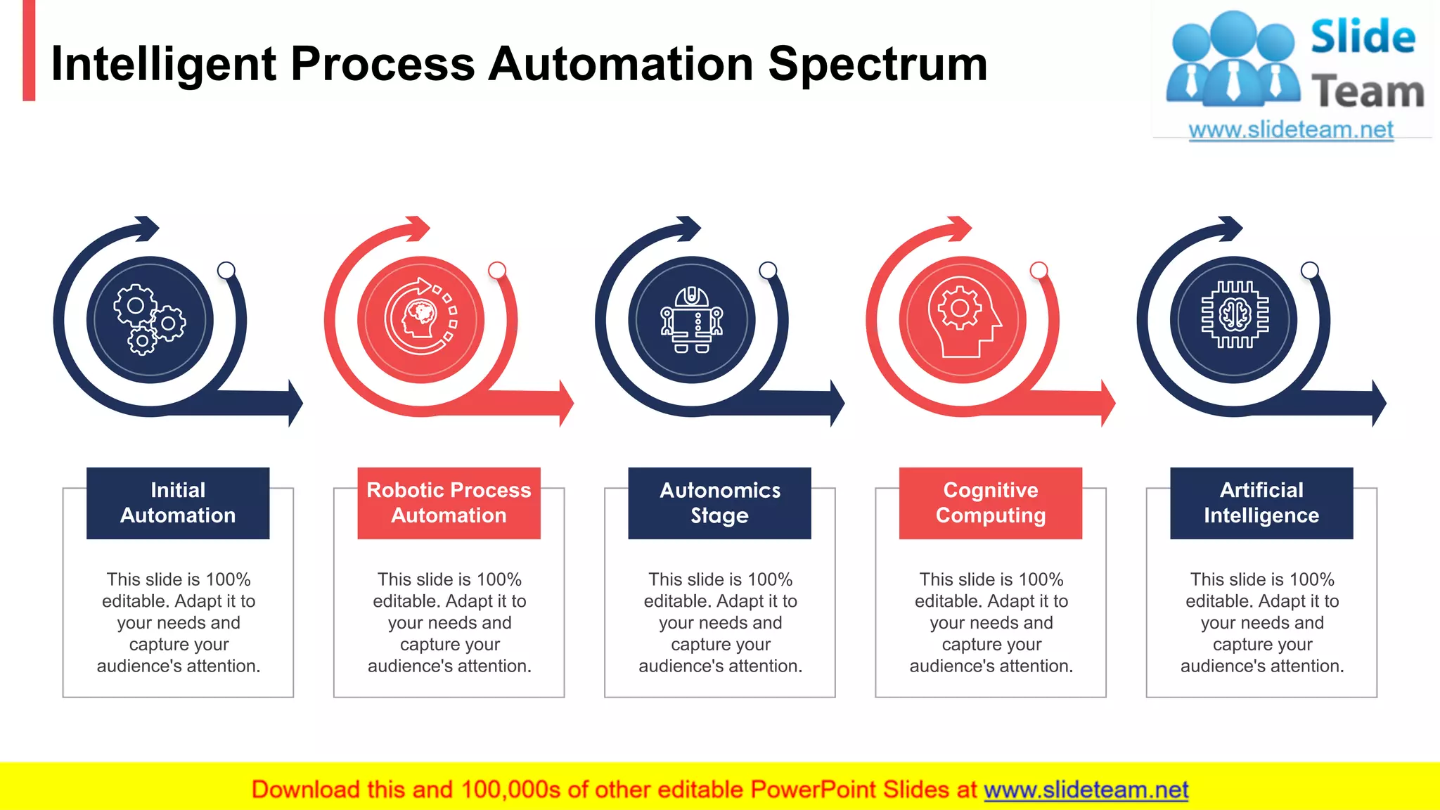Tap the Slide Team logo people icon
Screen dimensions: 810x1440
(x=1232, y=60)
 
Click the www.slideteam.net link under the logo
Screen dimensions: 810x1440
(x=1291, y=130)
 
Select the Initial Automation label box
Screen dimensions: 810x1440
(x=178, y=503)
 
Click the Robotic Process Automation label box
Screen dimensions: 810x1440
(x=449, y=503)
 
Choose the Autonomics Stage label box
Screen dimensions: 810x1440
(x=719, y=503)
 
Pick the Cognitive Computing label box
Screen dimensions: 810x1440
(x=990, y=503)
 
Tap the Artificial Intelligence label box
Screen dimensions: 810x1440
(x=1261, y=503)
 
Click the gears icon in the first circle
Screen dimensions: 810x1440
(x=149, y=320)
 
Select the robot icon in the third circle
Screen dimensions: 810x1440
(x=692, y=320)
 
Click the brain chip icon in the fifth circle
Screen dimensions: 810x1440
(x=1234, y=315)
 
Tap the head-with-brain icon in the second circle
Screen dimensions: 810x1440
(x=420, y=318)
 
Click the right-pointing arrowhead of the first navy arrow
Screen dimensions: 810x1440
(x=295, y=404)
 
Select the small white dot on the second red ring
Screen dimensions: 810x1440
(x=497, y=271)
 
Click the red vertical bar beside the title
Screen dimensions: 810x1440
(x=29, y=51)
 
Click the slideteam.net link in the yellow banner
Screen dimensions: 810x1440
(x=1086, y=790)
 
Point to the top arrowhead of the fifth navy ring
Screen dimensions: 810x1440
(x=1230, y=229)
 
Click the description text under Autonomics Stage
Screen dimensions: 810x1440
(x=720, y=623)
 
